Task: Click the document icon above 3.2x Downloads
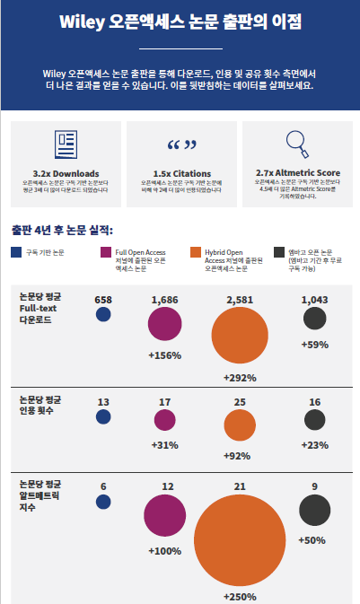tap(65, 145)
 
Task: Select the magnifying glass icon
tap(297, 144)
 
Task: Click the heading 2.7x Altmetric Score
tap(297, 172)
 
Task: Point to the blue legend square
tap(16, 253)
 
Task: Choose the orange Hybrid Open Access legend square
tap(197, 253)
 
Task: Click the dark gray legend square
tap(284, 253)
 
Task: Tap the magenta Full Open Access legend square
tap(106, 253)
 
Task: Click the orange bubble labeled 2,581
tap(239, 338)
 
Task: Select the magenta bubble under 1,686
tap(164, 324)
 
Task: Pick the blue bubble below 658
tap(103, 314)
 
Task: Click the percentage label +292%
tap(240, 378)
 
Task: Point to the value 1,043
tap(314, 299)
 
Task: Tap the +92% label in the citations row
tap(240, 455)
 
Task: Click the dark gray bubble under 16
tap(314, 419)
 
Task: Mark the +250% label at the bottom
tap(240, 595)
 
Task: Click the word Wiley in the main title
tap(80, 22)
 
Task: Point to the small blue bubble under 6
tap(103, 506)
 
